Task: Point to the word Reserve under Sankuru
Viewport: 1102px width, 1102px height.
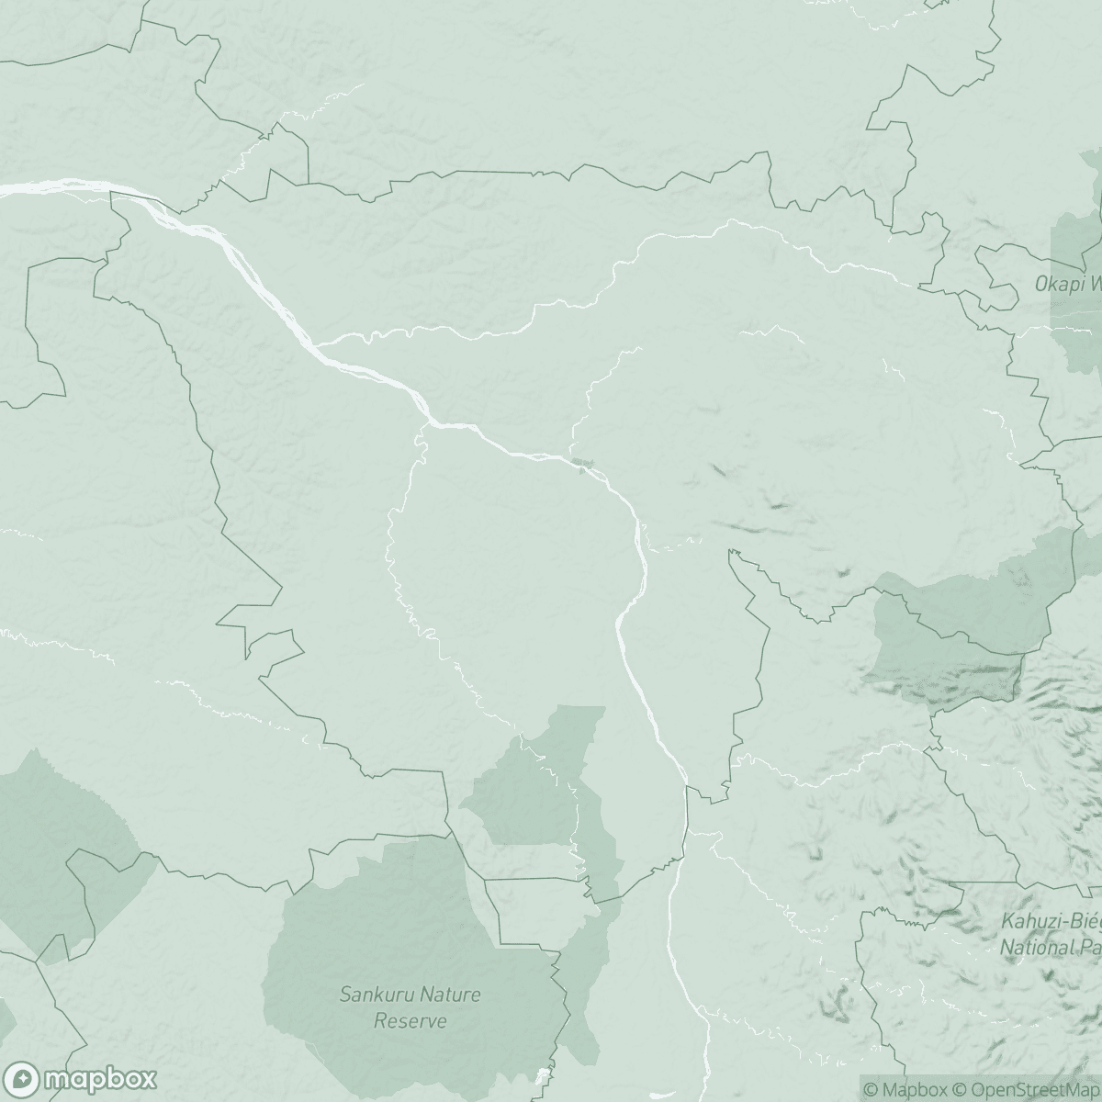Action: (x=410, y=1020)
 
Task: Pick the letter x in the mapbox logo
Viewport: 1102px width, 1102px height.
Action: (x=147, y=1077)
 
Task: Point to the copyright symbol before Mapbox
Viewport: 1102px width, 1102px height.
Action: (x=871, y=1090)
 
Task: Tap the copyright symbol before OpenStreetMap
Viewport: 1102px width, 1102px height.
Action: (x=960, y=1090)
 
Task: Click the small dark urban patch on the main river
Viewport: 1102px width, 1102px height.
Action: (x=579, y=463)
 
